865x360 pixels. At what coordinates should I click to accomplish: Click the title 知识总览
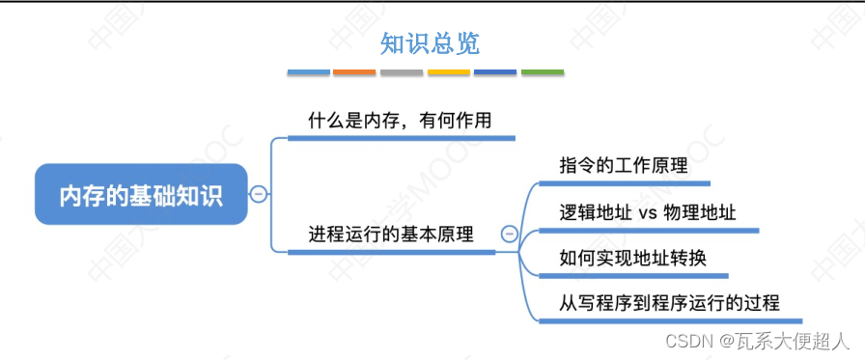430,43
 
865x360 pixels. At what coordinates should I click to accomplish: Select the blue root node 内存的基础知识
141,195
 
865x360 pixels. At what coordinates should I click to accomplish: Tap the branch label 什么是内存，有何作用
400,122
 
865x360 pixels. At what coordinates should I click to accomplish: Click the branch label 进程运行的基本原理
391,234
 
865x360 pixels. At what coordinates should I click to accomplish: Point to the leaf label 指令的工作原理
624,165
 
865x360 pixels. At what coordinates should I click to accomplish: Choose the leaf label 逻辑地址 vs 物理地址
648,212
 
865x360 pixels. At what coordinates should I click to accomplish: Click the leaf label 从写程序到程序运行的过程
669,303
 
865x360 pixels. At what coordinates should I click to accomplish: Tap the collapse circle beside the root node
258,195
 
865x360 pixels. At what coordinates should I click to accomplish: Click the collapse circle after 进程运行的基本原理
510,234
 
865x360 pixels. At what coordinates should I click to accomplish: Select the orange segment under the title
354,72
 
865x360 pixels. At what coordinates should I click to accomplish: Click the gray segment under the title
402,72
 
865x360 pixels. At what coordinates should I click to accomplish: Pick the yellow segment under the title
449,72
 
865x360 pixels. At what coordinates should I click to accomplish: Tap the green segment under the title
543,72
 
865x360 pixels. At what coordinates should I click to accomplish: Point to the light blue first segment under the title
308,72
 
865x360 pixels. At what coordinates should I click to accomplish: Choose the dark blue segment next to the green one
495,72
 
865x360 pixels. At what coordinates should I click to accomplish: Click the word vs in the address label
648,213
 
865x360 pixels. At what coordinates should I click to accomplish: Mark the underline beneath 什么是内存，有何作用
402,138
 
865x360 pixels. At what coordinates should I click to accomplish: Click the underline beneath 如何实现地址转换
627,275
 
